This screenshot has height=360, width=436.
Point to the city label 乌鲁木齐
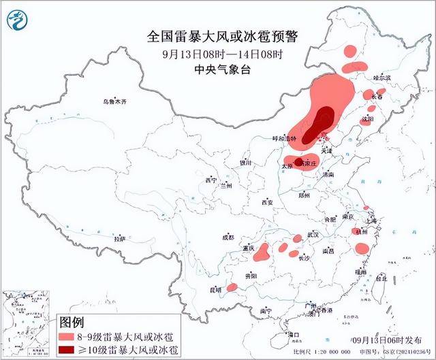[115, 101]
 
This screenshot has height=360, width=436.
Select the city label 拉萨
[120, 239]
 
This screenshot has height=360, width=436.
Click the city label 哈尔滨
[384, 78]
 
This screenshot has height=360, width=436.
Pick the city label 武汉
[314, 233]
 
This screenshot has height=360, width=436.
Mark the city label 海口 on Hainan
[294, 334]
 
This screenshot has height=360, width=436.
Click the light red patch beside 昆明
[232, 287]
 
